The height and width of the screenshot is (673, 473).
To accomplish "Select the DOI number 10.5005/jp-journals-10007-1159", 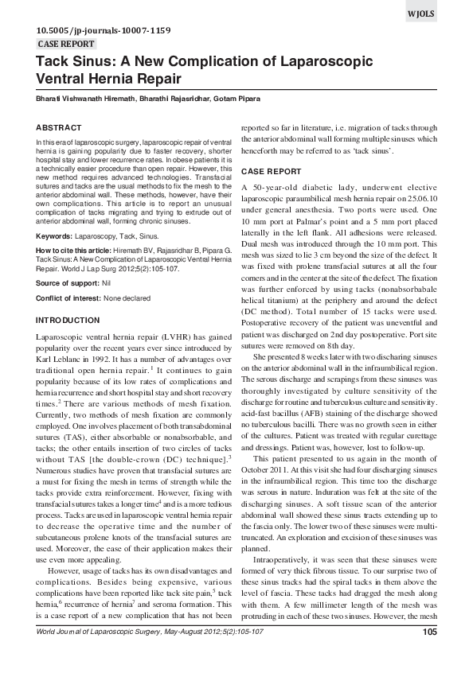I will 103,30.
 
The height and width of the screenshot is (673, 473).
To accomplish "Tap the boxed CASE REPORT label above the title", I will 67,44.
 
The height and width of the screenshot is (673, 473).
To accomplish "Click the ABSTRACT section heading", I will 59,127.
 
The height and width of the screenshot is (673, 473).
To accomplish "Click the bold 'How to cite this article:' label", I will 78,250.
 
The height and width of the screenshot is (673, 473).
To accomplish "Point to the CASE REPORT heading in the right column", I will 271,172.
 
